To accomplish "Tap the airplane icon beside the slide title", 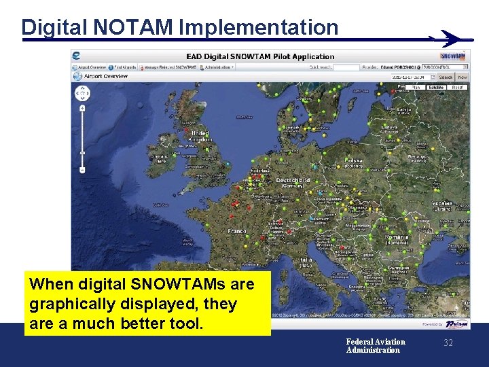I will point(450,39).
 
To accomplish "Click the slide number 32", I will point(448,343).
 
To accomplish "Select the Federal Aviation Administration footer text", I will point(375,346).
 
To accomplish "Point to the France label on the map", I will point(237,231).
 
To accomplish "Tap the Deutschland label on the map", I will point(293,181).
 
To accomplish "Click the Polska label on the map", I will point(354,162).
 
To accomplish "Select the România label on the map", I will point(396,238).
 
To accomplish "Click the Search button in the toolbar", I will point(445,77).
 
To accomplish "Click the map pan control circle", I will point(82,93).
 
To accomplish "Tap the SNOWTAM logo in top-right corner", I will point(453,56).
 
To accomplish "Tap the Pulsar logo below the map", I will point(457,324).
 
